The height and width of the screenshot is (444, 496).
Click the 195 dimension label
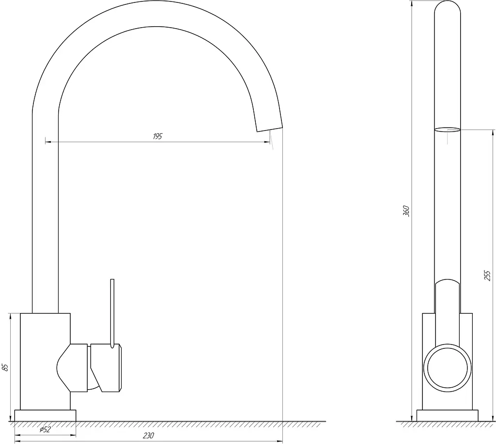click(x=157, y=136)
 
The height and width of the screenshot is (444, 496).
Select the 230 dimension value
click(x=148, y=435)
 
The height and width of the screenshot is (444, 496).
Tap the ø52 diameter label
click(x=45, y=429)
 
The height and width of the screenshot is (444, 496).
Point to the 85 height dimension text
click(x=5, y=367)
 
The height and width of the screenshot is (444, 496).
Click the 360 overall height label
click(x=406, y=211)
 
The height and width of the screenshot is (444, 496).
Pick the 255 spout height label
click(x=487, y=276)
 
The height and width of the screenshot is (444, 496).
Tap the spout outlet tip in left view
click(x=269, y=130)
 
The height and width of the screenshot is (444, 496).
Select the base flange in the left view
click(x=45, y=415)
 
